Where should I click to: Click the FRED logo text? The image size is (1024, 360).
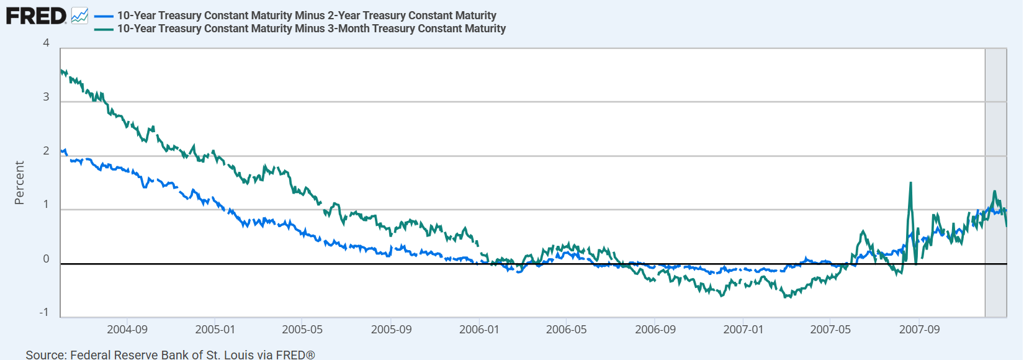tap(36, 16)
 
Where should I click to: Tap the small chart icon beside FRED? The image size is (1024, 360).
tap(79, 16)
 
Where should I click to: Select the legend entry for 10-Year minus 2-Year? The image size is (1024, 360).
tap(307, 16)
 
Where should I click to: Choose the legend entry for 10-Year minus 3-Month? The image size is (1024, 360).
tap(311, 29)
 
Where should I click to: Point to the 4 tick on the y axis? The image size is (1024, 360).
tap(46, 43)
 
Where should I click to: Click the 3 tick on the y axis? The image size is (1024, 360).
tap(46, 97)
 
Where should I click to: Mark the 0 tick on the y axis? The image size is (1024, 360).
tap(46, 259)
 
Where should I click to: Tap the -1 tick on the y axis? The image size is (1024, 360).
tap(44, 312)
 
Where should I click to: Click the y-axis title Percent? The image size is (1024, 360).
tap(19, 182)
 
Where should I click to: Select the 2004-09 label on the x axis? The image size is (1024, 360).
tap(127, 330)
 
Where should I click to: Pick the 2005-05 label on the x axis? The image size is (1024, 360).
tap(302, 330)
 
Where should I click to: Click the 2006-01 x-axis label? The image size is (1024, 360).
tap(479, 330)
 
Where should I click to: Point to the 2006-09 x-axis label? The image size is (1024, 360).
tap(655, 330)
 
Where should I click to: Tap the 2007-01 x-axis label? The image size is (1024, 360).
tap(743, 330)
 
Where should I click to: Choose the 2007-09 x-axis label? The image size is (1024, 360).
tap(919, 330)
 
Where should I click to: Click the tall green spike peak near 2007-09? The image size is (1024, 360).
tap(910, 182)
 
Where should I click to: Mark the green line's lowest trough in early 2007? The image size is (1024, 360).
tap(786, 297)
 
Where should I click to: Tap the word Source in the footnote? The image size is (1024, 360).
tap(46, 354)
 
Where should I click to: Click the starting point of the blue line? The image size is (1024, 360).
tap(61, 151)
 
